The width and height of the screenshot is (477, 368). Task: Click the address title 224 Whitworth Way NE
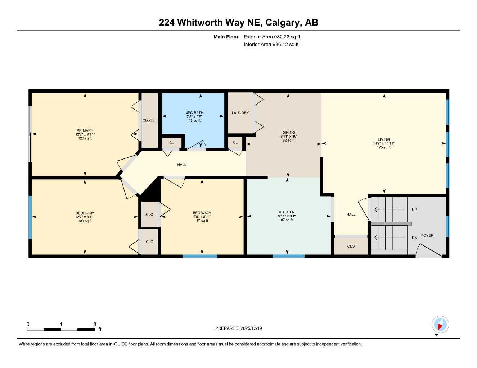pos(238,22)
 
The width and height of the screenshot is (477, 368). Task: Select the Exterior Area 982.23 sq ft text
pos(272,37)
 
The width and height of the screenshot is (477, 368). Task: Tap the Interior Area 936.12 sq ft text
pos(271,45)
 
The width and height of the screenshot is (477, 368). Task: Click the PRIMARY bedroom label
pos(85,130)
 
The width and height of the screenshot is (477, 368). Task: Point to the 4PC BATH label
pos(194,113)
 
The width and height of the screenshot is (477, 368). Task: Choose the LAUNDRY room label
pos(240,113)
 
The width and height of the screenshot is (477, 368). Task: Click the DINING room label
pos(288,132)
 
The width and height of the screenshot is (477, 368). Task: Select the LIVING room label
pos(384,139)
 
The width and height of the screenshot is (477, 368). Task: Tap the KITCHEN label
pos(287,212)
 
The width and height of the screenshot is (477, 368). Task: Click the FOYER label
pos(427,235)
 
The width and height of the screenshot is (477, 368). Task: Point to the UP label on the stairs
pos(414,210)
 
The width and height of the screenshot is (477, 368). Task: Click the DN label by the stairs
pos(414,238)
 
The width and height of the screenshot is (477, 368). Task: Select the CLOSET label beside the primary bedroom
pos(149,120)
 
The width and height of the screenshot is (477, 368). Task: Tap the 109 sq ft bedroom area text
pos(85,221)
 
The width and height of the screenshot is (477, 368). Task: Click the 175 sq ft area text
pos(384,147)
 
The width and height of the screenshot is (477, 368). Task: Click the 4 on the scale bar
pos(61,324)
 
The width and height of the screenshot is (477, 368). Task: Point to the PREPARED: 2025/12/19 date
pos(238,328)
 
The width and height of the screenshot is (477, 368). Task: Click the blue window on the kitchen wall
pos(288,256)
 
